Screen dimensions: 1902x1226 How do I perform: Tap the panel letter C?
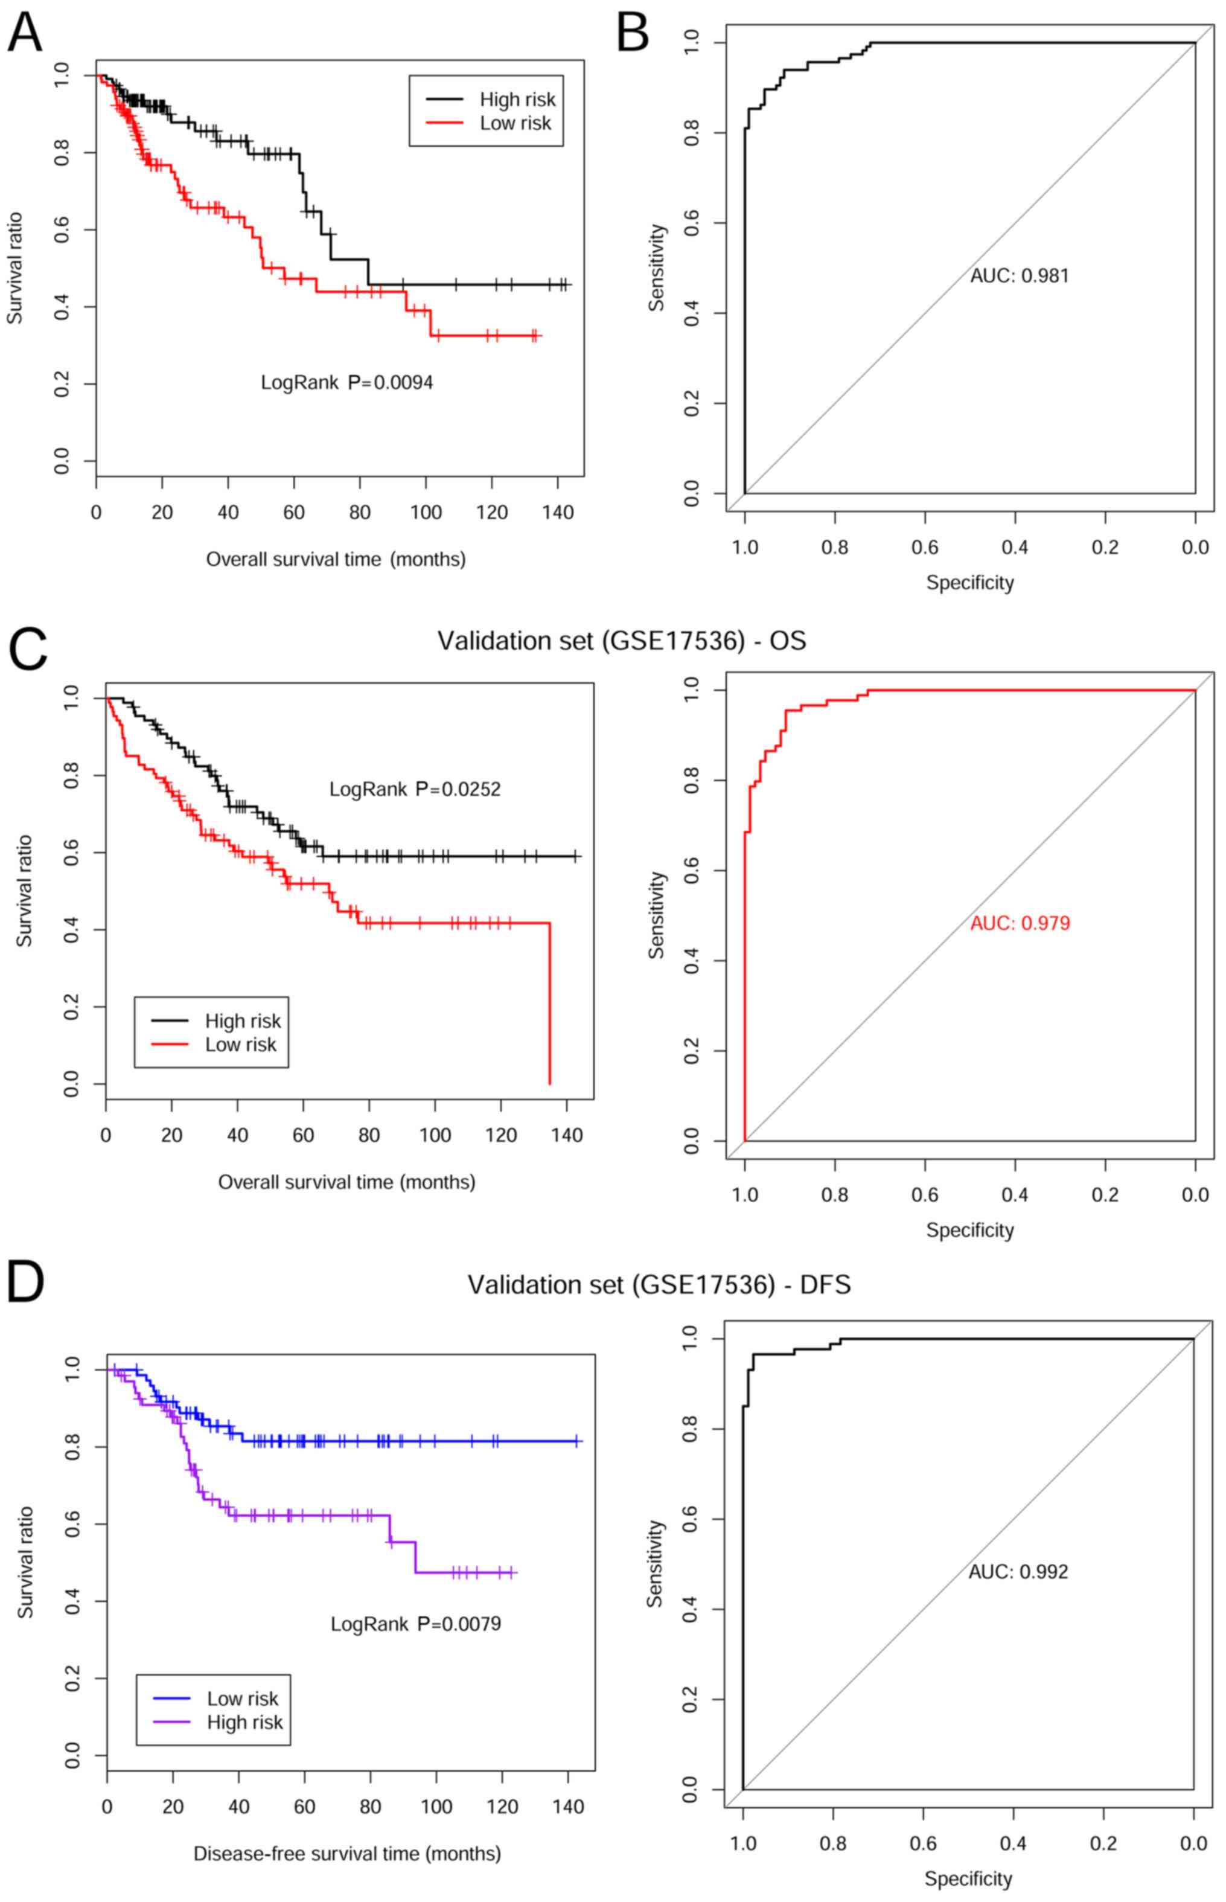click(x=27, y=650)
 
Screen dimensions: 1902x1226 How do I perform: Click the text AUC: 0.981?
click(x=1019, y=277)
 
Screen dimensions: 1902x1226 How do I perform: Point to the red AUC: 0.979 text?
click(x=1020, y=924)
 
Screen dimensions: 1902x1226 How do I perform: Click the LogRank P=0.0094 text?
click(x=347, y=383)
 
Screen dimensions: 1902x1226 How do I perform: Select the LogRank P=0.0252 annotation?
click(x=415, y=789)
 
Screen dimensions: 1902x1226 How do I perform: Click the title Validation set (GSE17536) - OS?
click(x=622, y=641)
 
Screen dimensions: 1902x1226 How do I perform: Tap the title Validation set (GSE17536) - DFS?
click(x=659, y=1285)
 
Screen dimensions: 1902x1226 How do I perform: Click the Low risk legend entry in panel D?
click(x=242, y=1698)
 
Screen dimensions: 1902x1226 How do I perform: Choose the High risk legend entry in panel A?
click(x=517, y=100)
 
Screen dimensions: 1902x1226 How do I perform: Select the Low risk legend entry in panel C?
click(x=240, y=1045)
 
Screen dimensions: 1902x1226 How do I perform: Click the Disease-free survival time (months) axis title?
click(x=347, y=1854)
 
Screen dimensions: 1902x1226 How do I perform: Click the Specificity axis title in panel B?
click(x=969, y=583)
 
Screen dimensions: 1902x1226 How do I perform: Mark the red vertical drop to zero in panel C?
click(x=549, y=1003)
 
